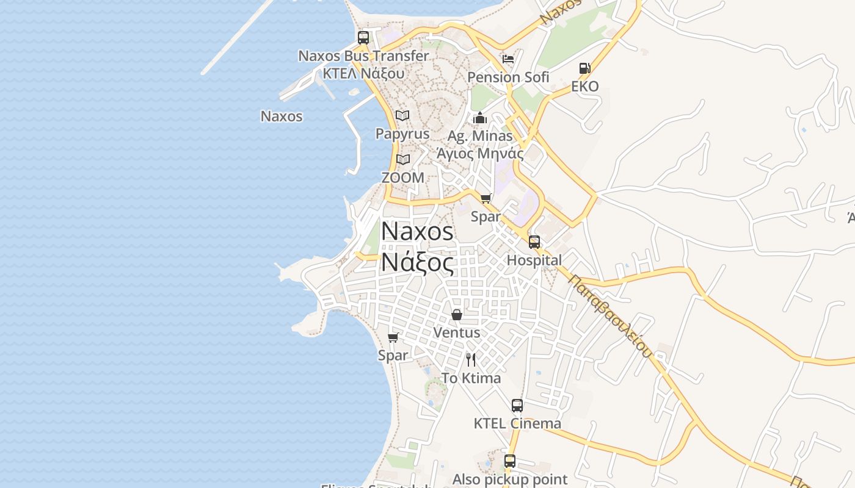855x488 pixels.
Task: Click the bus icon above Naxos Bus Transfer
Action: click(363, 38)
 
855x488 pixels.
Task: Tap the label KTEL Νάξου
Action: click(363, 73)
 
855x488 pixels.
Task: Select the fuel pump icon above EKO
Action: click(584, 68)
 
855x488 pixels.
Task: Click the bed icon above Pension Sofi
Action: click(508, 59)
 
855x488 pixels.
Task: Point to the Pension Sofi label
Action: click(508, 77)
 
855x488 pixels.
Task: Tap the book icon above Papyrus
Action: click(402, 115)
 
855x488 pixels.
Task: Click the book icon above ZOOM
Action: click(402, 160)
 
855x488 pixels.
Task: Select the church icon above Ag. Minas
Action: click(480, 118)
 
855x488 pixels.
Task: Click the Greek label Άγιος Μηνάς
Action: click(480, 153)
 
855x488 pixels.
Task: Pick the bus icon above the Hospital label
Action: click(534, 242)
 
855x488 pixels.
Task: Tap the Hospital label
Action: click(534, 260)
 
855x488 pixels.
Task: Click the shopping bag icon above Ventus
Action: click(456, 315)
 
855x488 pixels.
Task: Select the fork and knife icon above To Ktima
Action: click(471, 360)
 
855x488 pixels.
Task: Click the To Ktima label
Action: click(471, 378)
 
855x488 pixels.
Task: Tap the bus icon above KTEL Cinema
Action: click(517, 405)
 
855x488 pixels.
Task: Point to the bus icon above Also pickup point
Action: click(510, 461)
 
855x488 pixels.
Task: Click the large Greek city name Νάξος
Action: click(418, 263)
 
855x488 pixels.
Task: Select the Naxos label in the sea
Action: click(282, 116)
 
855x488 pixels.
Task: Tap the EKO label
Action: click(584, 87)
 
